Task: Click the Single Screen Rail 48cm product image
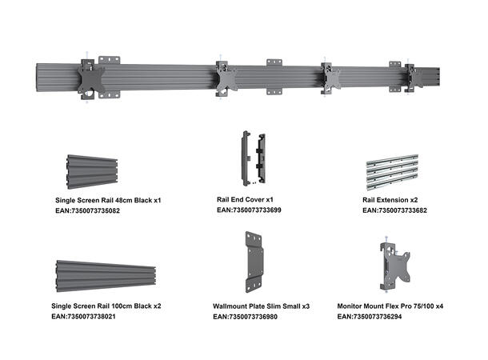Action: (x=103, y=173)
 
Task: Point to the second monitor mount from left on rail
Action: (x=226, y=79)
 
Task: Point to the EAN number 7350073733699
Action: (x=249, y=210)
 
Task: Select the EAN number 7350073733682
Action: (x=394, y=210)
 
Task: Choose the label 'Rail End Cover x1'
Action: (x=246, y=199)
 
